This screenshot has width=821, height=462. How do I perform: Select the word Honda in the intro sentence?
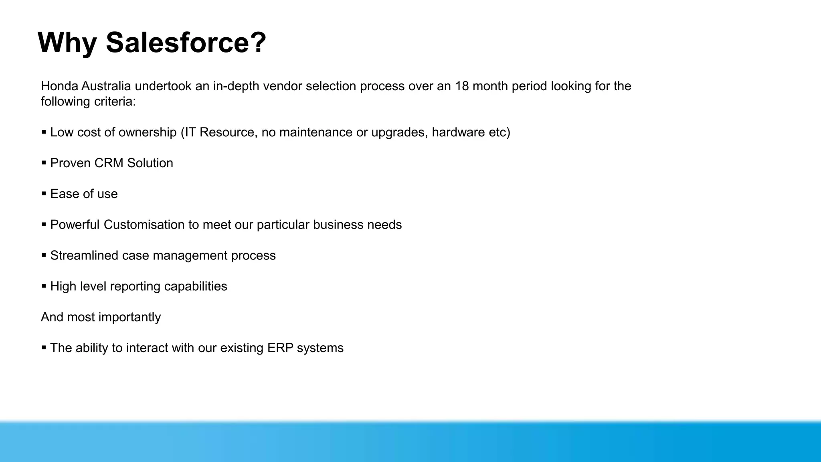coord(59,86)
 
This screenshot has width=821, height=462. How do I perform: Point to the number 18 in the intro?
coord(462,86)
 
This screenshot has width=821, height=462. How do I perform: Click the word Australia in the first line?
coord(106,86)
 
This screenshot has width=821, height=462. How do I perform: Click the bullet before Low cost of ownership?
coord(44,132)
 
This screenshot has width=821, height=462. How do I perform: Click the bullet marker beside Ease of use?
coord(44,193)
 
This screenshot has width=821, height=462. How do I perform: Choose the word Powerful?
coord(75,225)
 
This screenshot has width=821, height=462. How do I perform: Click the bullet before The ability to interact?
coord(44,347)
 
